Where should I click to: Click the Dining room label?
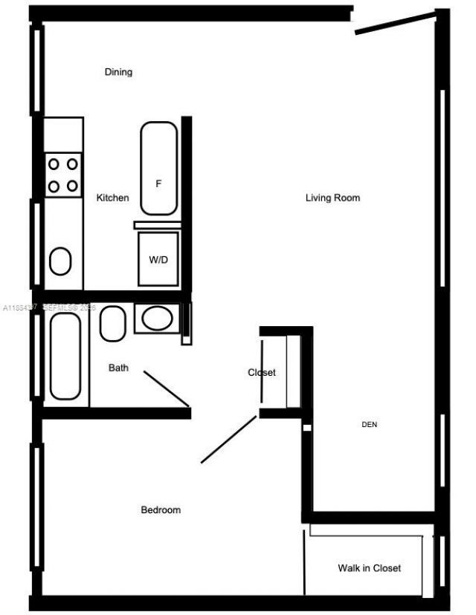point(118,72)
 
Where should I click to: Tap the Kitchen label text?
point(112,198)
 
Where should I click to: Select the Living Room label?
point(332,198)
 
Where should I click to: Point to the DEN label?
point(370,425)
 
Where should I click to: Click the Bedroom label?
point(161,510)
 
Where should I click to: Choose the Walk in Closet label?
point(369,567)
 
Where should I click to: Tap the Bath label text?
point(118,368)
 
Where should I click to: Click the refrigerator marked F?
point(158,169)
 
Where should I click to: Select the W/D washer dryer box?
point(158,259)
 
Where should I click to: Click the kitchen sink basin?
point(60,261)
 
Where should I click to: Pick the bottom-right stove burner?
point(72,186)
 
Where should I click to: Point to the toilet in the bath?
point(112,324)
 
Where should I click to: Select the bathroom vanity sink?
point(156,319)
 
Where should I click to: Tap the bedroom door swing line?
point(228,440)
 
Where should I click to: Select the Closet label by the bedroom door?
point(262,372)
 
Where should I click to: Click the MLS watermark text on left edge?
point(49,307)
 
